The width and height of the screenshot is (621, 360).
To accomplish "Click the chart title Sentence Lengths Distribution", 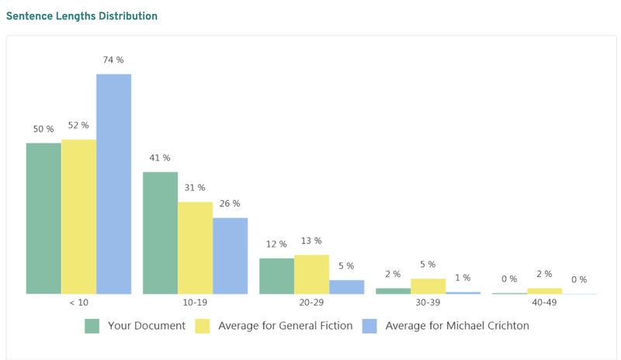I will coord(82,16).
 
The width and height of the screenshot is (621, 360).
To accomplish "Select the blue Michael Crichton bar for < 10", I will coord(113,184).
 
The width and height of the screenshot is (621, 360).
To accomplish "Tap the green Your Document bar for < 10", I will coord(43,218).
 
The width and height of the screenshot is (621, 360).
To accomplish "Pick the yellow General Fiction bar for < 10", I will coord(78,216).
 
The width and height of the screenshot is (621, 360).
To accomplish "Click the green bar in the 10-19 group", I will coord(160,233).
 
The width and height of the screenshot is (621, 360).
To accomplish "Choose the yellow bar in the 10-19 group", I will coord(195,247).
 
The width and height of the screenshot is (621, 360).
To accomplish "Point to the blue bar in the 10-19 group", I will coord(230,255).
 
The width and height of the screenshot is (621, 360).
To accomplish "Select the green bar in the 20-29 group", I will coord(276,275).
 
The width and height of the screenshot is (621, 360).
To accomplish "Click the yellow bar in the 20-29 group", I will coord(311,274).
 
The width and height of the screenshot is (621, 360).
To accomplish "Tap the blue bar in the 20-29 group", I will coord(346,286).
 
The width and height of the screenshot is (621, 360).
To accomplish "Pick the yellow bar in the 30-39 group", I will coord(428,286).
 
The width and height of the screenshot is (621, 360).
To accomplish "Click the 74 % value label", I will coord(113,60).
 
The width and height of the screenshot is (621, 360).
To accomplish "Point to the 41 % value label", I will coord(160,158).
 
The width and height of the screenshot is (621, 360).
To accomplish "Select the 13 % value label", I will coord(311,241).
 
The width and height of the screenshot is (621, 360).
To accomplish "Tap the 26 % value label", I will coord(230,204).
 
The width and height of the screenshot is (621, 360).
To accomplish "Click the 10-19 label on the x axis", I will coord(195,303).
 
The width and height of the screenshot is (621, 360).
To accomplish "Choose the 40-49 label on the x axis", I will coord(544,303).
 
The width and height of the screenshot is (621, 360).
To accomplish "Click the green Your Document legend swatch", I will coord(92,326).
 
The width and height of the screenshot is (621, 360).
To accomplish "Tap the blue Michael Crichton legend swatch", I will coord(369,326).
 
